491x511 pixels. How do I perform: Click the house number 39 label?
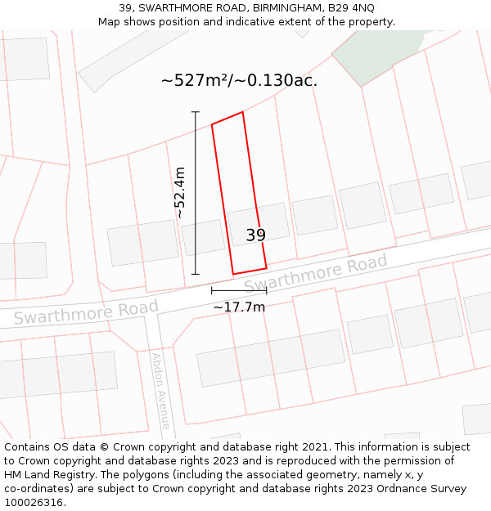[256, 235]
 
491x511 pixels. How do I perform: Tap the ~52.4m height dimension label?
[180, 193]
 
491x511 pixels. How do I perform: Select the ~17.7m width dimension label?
[239, 307]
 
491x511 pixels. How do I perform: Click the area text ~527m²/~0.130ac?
[239, 80]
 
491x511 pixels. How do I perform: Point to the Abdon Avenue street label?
[160, 391]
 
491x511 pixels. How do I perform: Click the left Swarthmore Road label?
[86, 312]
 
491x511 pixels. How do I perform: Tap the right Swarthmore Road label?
[316, 275]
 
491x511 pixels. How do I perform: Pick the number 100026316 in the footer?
[34, 503]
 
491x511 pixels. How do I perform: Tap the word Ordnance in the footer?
[414, 489]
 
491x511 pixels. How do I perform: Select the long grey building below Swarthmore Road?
[270, 357]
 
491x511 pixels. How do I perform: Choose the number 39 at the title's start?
[125, 8]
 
